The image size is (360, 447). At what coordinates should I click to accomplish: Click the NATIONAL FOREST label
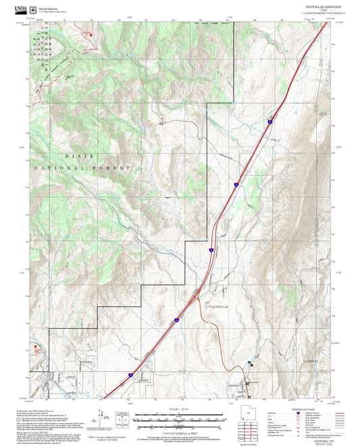(80, 167)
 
